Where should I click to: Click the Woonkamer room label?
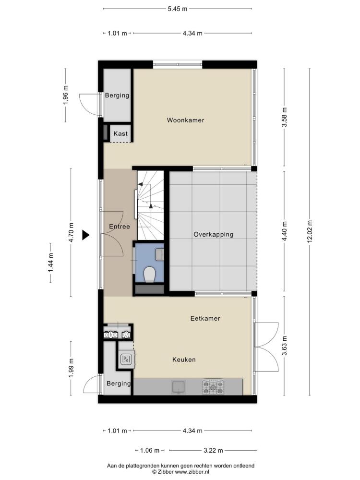(185, 120)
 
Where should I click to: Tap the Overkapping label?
(214, 235)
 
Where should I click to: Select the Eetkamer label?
(205, 318)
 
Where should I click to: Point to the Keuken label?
(184, 360)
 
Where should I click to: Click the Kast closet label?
(120, 133)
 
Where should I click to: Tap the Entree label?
(120, 227)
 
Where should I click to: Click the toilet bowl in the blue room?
(150, 274)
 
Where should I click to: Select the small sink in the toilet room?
(159, 255)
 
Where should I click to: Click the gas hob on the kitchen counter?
(213, 387)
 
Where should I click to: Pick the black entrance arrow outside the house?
(86, 235)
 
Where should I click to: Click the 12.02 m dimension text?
(310, 231)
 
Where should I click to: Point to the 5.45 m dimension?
(178, 9)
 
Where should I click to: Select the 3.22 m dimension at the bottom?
(213, 450)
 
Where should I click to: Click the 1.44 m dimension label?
(50, 263)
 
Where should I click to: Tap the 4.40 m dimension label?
(285, 231)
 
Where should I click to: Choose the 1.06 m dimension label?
(150, 450)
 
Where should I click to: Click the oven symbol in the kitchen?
(126, 359)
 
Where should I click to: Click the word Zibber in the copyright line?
(166, 472)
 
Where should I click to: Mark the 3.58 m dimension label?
(285, 117)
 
